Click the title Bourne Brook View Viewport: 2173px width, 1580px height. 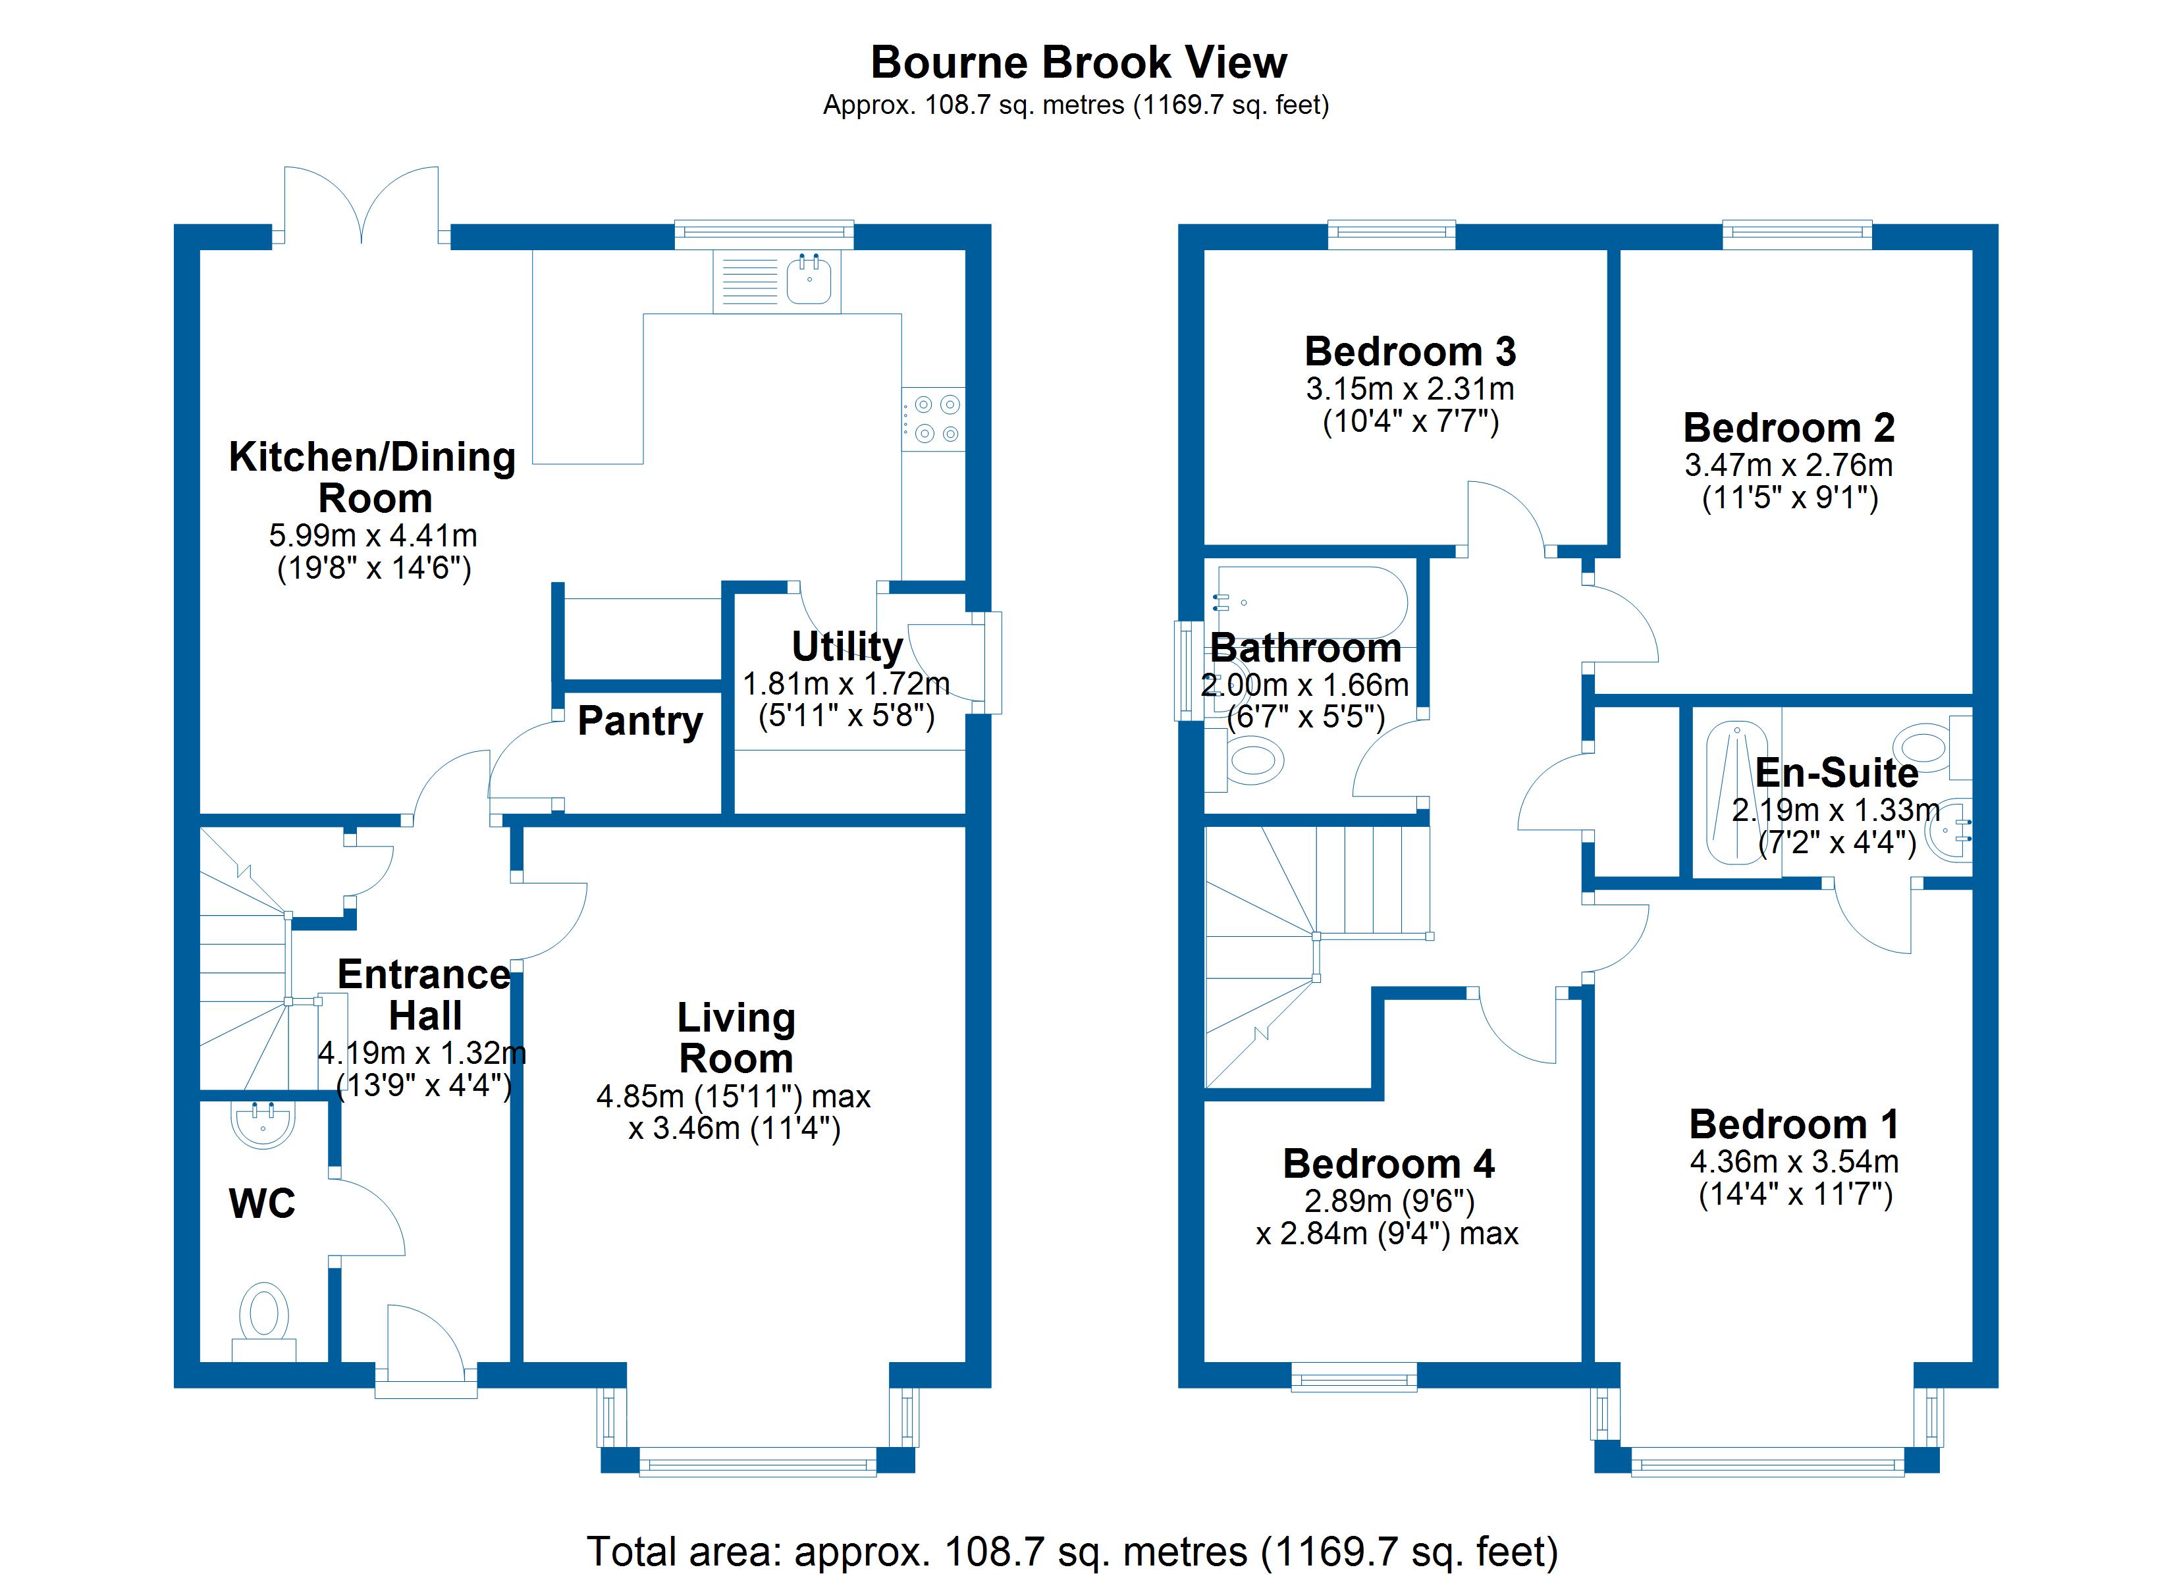[1078, 63]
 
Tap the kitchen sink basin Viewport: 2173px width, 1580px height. [809, 280]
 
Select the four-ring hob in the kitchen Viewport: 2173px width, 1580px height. [935, 419]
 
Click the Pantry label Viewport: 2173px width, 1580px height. [640, 720]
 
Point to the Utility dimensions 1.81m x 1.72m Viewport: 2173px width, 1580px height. [846, 684]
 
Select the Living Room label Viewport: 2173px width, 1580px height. [736, 1038]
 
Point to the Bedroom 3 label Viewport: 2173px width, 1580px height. [1409, 352]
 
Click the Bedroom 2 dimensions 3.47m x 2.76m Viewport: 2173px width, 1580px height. [1788, 465]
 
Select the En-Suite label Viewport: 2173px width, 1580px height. [1836, 772]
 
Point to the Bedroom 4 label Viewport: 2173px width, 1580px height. [1388, 1163]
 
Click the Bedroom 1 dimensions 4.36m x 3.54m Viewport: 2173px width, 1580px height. [1794, 1161]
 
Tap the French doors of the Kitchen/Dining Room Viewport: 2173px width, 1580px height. [362, 206]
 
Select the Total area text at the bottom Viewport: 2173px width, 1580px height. [1072, 1550]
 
